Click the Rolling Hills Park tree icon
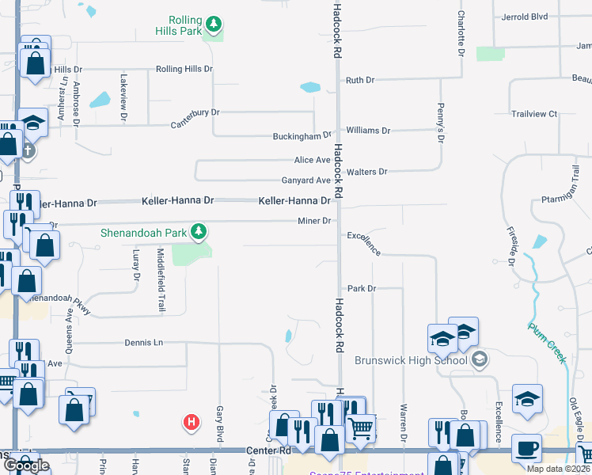coord(212,21)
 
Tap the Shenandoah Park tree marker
coord(201,232)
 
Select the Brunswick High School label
coord(412,360)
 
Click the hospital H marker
coord(191,423)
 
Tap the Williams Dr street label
coord(368,130)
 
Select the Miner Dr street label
coord(313,221)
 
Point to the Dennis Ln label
coord(143,343)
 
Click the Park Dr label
coord(360,289)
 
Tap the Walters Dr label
coord(366,171)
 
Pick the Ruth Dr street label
coord(359,80)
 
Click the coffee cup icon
coord(526,447)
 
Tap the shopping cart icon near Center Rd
coord(361,428)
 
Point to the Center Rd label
coord(270,450)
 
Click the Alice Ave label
coord(312,160)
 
